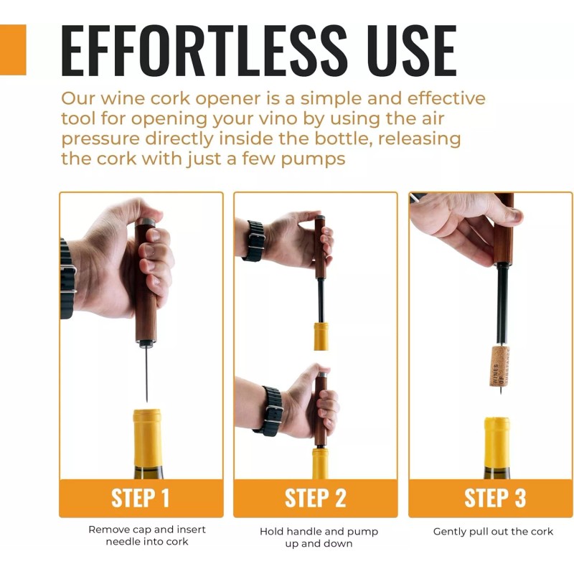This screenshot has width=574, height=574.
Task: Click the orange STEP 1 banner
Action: pyautogui.click(x=141, y=498)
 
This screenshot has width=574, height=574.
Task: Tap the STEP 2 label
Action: pyautogui.click(x=316, y=498)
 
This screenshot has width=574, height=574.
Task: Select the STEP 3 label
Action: pyautogui.click(x=495, y=498)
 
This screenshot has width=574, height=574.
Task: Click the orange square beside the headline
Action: pyautogui.click(x=13, y=50)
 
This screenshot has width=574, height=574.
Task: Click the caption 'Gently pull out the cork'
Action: pyautogui.click(x=494, y=532)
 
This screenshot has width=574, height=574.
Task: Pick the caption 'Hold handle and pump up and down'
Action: pyautogui.click(x=319, y=537)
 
